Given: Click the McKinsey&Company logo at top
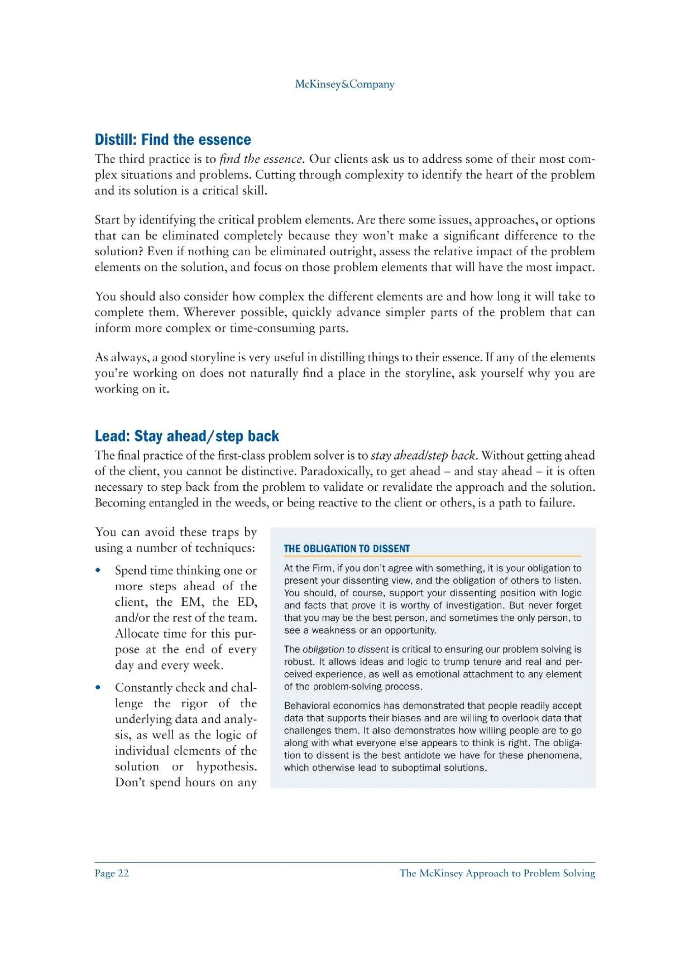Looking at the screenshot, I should pos(344,84).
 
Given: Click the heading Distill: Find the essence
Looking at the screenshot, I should pos(172,139).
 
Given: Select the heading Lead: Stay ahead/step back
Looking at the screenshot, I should pos(187,436).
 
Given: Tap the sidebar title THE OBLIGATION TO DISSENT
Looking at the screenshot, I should pos(346,548).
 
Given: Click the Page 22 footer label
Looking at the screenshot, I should pos(112,873).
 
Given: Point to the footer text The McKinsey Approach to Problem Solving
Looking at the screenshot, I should pos(497,873).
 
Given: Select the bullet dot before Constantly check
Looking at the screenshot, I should pos(98,687).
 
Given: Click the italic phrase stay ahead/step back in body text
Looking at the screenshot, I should pos(422,456).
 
